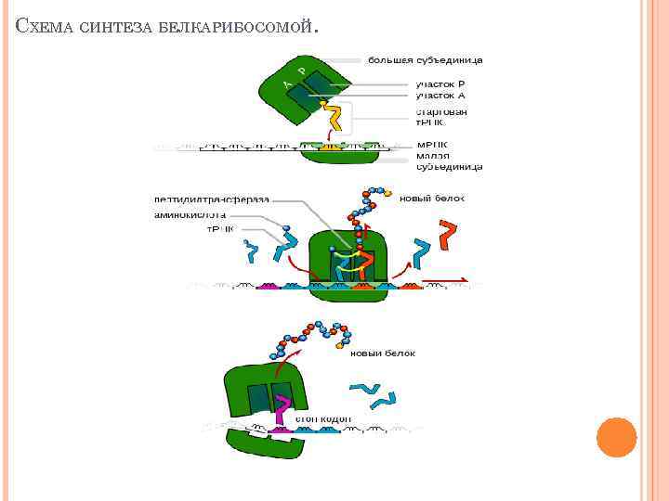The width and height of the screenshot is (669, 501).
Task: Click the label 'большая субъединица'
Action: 426,60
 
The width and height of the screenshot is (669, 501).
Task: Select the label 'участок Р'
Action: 439,84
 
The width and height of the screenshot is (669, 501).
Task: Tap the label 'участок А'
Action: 439,95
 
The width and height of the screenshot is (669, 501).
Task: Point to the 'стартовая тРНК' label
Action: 440,117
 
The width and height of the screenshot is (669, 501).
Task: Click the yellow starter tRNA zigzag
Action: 335,115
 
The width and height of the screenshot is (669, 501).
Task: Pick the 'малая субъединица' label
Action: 449,162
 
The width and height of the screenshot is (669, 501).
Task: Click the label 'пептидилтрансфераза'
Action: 211,199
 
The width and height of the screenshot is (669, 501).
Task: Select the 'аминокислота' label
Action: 190,213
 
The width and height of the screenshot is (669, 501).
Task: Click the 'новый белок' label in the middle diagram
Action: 431,198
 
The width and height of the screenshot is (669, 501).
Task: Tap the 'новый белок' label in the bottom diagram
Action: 383,353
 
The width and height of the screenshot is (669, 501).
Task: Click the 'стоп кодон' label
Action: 323,418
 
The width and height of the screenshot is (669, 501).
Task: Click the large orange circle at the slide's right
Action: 615,437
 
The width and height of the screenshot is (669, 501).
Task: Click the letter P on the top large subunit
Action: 301,71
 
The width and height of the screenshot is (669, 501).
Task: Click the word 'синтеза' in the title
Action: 113,28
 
